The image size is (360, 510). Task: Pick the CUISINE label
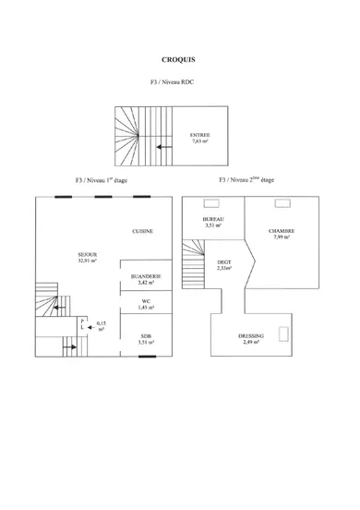coord(142,231)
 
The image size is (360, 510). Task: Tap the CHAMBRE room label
coord(282,233)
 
